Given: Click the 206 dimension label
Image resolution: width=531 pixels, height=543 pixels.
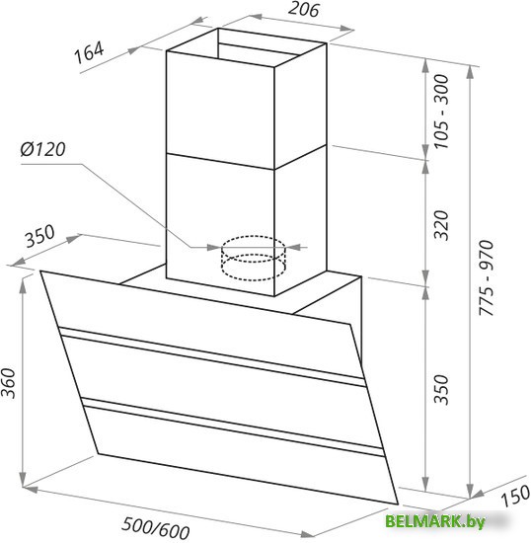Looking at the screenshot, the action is [x=303, y=10].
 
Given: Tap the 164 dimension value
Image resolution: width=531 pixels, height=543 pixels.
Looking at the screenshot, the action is [x=89, y=52].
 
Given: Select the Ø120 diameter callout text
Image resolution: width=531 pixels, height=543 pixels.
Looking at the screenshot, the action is [x=42, y=149].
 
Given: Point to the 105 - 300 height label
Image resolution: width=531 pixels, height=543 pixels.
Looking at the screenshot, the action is [x=441, y=112].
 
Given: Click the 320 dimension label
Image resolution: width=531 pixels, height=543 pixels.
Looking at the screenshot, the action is [x=441, y=225].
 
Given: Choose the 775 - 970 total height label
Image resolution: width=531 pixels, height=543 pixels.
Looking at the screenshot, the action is [x=486, y=277].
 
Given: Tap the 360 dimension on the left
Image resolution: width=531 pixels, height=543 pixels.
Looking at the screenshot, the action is [x=8, y=383].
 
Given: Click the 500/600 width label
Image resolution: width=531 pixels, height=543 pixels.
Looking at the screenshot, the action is [x=156, y=528].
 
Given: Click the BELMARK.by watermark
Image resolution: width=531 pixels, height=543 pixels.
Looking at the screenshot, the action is [x=435, y=521].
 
